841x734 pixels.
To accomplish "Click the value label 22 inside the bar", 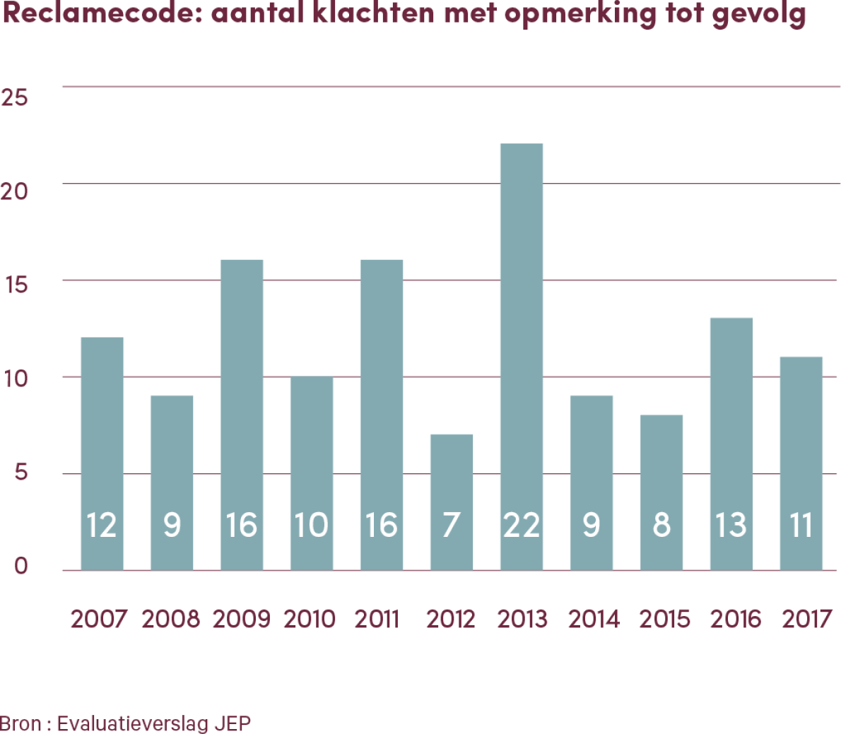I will (x=522, y=526).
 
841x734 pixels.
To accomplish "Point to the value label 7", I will (x=452, y=526).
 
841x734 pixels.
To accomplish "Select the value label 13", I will (x=731, y=526).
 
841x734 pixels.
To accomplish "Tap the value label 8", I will (x=661, y=526).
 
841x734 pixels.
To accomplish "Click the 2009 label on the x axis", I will (x=241, y=620).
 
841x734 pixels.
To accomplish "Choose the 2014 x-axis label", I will (x=594, y=620).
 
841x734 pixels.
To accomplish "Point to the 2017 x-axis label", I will (x=807, y=620).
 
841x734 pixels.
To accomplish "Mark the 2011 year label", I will (x=377, y=620).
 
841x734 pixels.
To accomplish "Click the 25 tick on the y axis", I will (x=15, y=97).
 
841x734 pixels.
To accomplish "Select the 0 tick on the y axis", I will (x=21, y=567).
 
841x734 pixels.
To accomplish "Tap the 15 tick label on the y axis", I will (x=15, y=285).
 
